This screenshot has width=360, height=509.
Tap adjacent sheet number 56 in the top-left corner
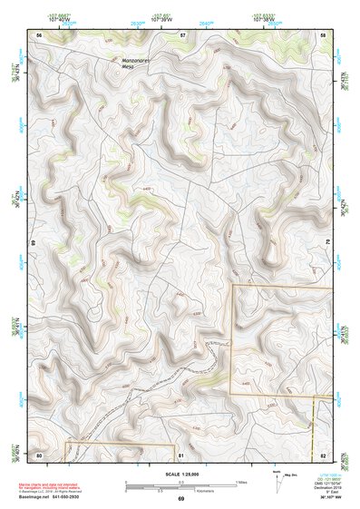coord(39,34)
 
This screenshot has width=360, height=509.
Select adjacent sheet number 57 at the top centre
coord(182,34)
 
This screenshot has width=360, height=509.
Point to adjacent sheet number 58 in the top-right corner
coord(323,34)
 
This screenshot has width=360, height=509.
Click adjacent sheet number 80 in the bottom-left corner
coord(39,454)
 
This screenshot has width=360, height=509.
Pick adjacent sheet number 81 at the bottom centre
coord(181,454)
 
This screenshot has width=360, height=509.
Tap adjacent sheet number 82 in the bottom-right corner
coord(323,454)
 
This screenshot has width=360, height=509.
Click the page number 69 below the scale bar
coord(180,498)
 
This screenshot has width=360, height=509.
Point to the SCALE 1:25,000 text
coord(180,474)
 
